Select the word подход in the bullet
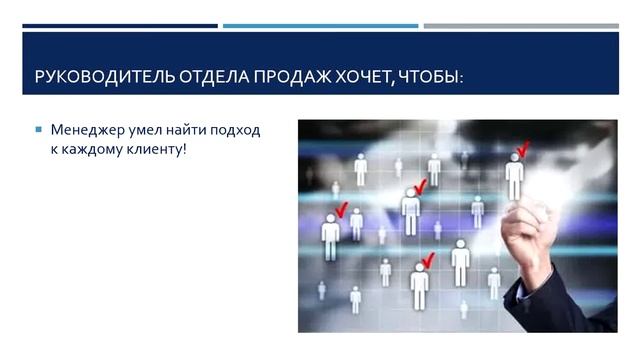pyautogui.click(x=241, y=130)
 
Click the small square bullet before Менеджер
pyautogui.click(x=38, y=130)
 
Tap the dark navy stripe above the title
pyautogui.click(x=120, y=26)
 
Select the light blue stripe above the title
pyautogui.click(x=320, y=26)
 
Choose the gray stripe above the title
pyautogui.click(x=520, y=26)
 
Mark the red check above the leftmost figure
pyautogui.click(x=341, y=209)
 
